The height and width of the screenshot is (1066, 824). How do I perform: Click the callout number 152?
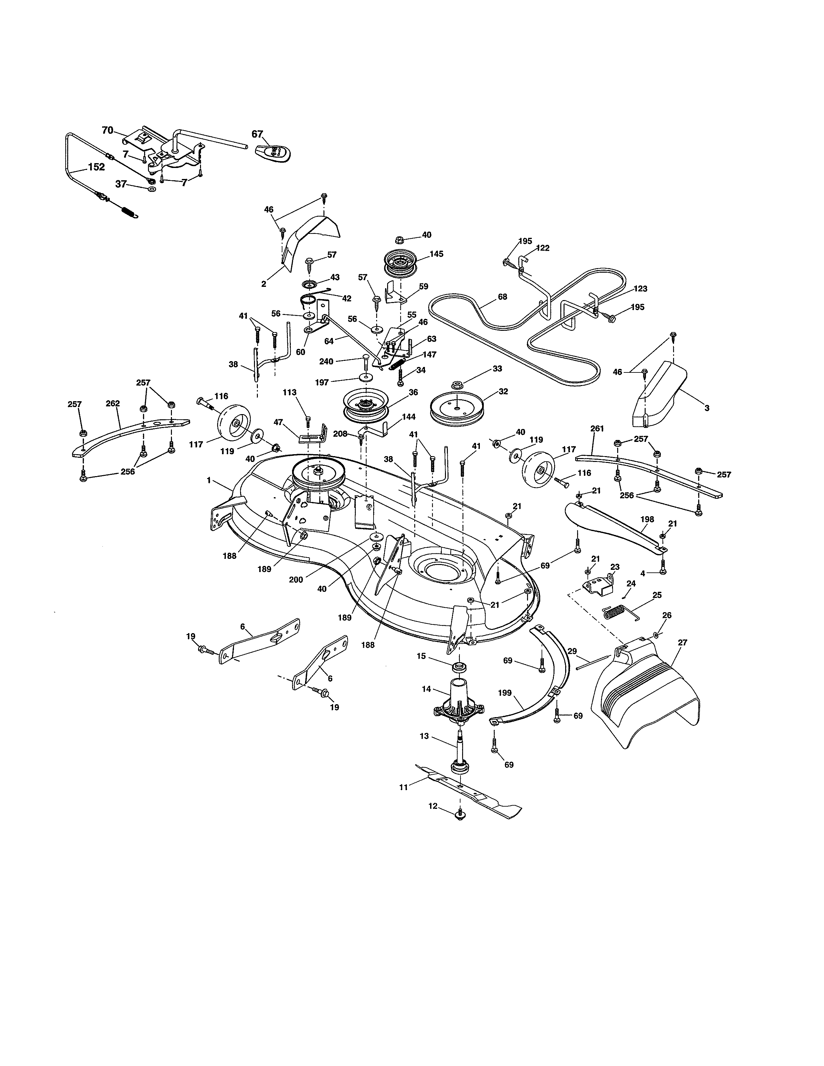pyautogui.click(x=96, y=167)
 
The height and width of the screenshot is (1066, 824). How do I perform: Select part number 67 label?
pyautogui.click(x=257, y=134)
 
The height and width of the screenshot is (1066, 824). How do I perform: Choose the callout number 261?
pyautogui.click(x=597, y=429)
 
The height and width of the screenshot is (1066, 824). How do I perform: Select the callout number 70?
pyautogui.click(x=107, y=130)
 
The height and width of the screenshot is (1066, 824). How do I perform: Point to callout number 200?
pyautogui.click(x=296, y=580)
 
